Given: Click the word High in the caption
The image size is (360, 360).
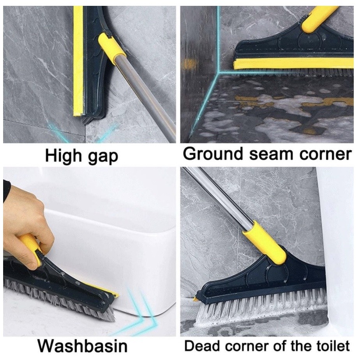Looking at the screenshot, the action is coord(64,156).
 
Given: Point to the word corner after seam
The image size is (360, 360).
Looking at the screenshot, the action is coord(325,154).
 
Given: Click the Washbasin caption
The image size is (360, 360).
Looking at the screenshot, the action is coord(83,346).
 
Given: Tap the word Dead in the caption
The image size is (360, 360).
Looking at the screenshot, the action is coord(202,346).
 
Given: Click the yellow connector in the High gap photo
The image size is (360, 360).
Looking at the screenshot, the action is coord(111,48).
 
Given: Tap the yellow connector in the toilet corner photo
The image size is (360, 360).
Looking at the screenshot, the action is coord(265,242).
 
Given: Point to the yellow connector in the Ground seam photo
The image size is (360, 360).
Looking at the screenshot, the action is coord(319,19).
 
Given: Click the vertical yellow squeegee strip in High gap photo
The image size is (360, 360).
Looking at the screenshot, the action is coord(78,61).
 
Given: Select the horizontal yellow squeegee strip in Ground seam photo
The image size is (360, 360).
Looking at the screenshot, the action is coord(293,64).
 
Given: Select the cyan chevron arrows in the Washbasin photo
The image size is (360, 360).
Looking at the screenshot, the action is coord(138,312).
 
